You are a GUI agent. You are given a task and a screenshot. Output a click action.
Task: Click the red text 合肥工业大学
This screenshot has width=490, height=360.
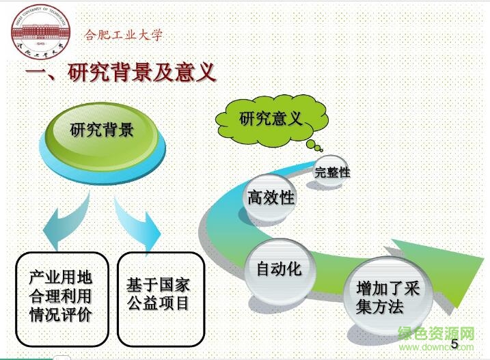tap(123, 35)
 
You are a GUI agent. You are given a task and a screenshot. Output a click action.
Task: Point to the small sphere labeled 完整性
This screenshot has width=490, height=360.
tap(332, 173)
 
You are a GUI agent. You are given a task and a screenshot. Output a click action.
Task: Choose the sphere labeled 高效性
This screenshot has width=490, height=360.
tap(270, 198)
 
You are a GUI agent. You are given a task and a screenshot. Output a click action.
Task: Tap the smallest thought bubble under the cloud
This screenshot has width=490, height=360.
tap(318, 149)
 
